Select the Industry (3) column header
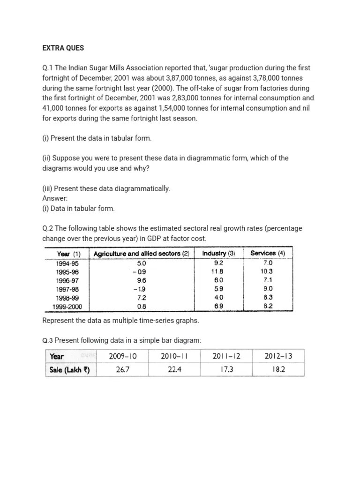(x=218, y=254)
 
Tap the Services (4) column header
(x=268, y=253)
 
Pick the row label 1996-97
(x=67, y=280)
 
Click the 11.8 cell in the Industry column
(x=217, y=271)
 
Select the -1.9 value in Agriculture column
(x=139, y=289)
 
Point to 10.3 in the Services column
(x=267, y=271)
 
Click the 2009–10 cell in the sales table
(x=123, y=356)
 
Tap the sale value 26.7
(x=123, y=370)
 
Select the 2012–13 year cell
(x=278, y=356)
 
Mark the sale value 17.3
(x=226, y=370)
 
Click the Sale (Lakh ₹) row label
(x=69, y=370)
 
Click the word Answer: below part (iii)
(x=55, y=198)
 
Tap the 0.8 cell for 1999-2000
(x=142, y=307)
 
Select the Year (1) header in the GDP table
(x=69, y=254)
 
